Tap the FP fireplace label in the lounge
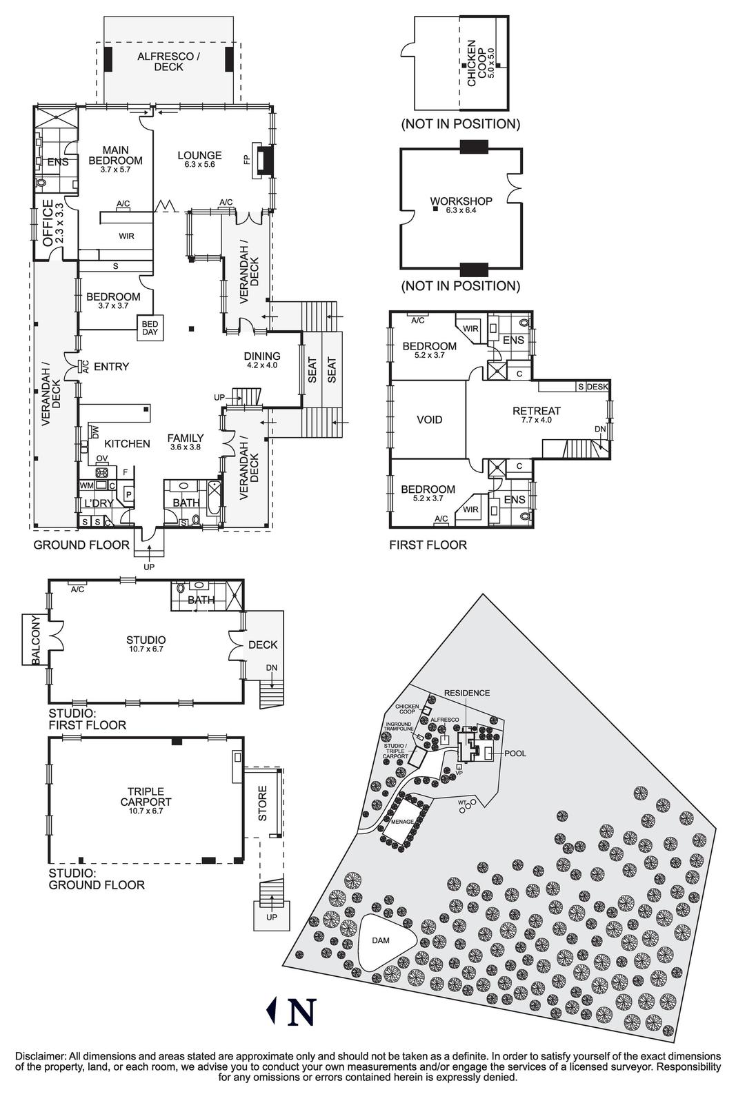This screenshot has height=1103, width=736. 246,159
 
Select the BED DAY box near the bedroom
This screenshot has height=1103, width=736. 150,327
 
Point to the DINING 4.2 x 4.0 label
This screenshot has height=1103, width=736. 261,361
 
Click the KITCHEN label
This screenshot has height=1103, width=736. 127,444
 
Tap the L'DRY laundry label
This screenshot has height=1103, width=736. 98,503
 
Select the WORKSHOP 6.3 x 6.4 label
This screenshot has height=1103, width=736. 461,205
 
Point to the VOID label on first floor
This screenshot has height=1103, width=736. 429,419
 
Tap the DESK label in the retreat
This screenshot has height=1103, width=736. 597,387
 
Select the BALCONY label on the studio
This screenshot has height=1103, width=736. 37,640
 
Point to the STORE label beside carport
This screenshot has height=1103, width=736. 262,804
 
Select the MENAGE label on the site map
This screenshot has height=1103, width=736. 401,822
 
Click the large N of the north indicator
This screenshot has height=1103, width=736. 301,1011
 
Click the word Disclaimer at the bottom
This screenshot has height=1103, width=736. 39,1056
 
